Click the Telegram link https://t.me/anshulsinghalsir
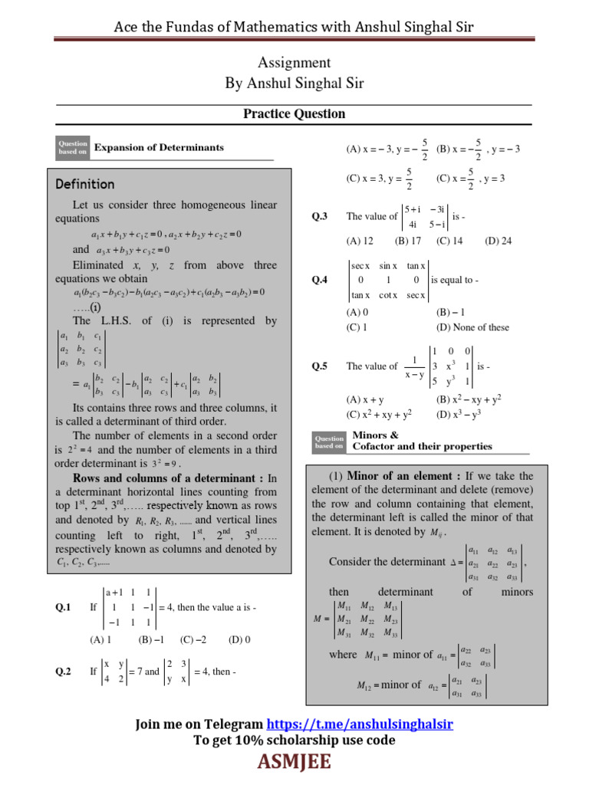360,724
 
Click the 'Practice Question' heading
294,113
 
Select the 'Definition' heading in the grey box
85,184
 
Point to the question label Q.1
63,607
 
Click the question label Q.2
63,671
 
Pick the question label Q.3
319,217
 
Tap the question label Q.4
319,281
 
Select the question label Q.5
319,366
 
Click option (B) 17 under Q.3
408,241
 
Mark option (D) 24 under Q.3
498,241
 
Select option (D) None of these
472,327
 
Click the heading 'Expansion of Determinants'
159,147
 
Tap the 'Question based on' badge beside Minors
329,441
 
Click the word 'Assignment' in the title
294,63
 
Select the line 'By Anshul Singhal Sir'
294,83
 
